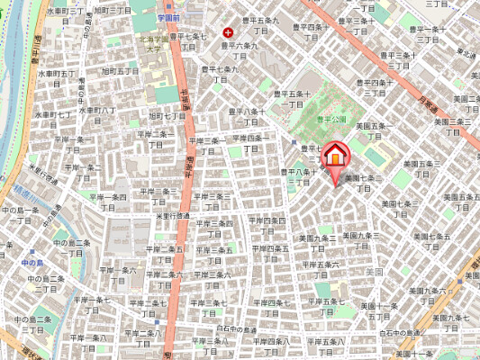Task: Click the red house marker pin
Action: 333,157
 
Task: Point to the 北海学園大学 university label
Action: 155,45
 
